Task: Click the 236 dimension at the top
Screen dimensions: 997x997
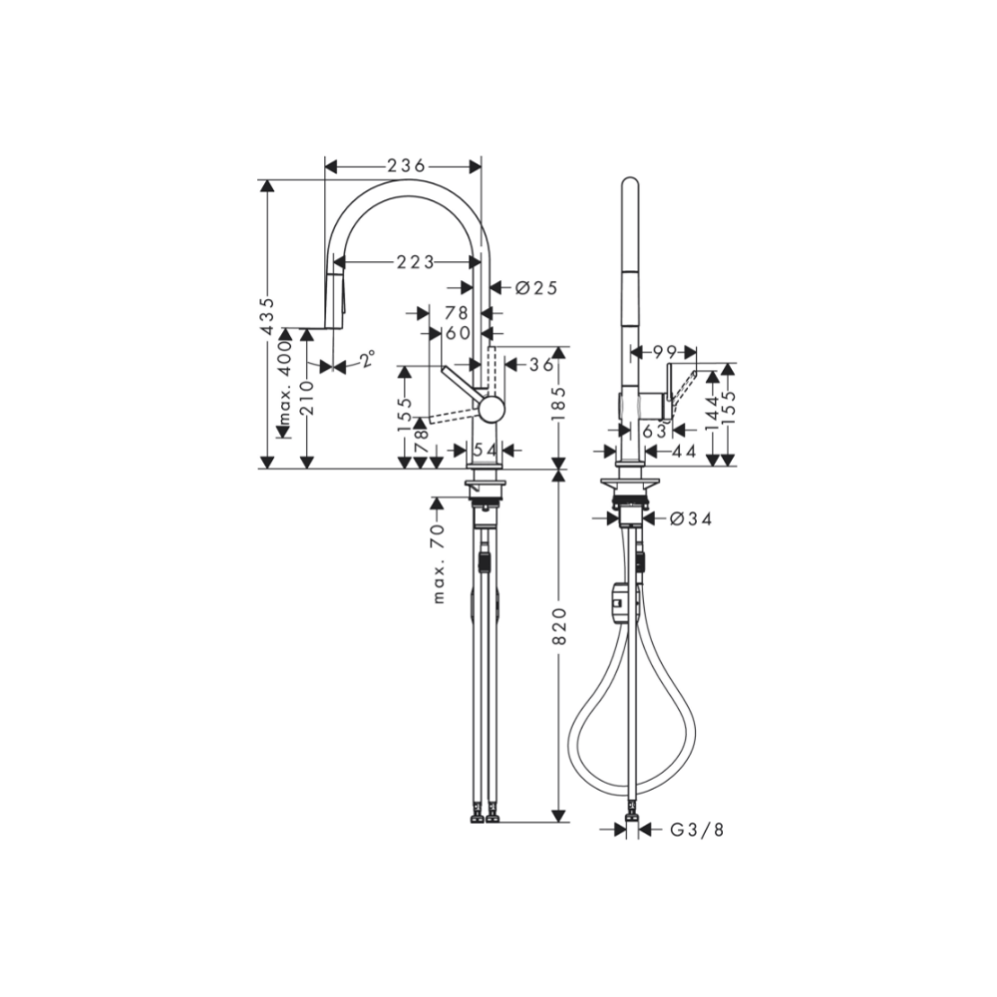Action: pos(406,166)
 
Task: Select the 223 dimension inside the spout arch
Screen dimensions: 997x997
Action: pos(416,262)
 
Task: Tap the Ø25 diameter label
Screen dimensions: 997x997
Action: pos(535,288)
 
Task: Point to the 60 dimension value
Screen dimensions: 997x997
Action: pos(459,332)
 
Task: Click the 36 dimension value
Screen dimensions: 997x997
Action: pos(540,365)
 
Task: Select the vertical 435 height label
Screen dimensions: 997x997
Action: pos(266,317)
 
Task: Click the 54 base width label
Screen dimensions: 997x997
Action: pos(486,451)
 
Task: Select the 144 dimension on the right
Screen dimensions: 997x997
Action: pos(712,412)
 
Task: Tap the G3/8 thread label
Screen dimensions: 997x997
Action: pos(696,829)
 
